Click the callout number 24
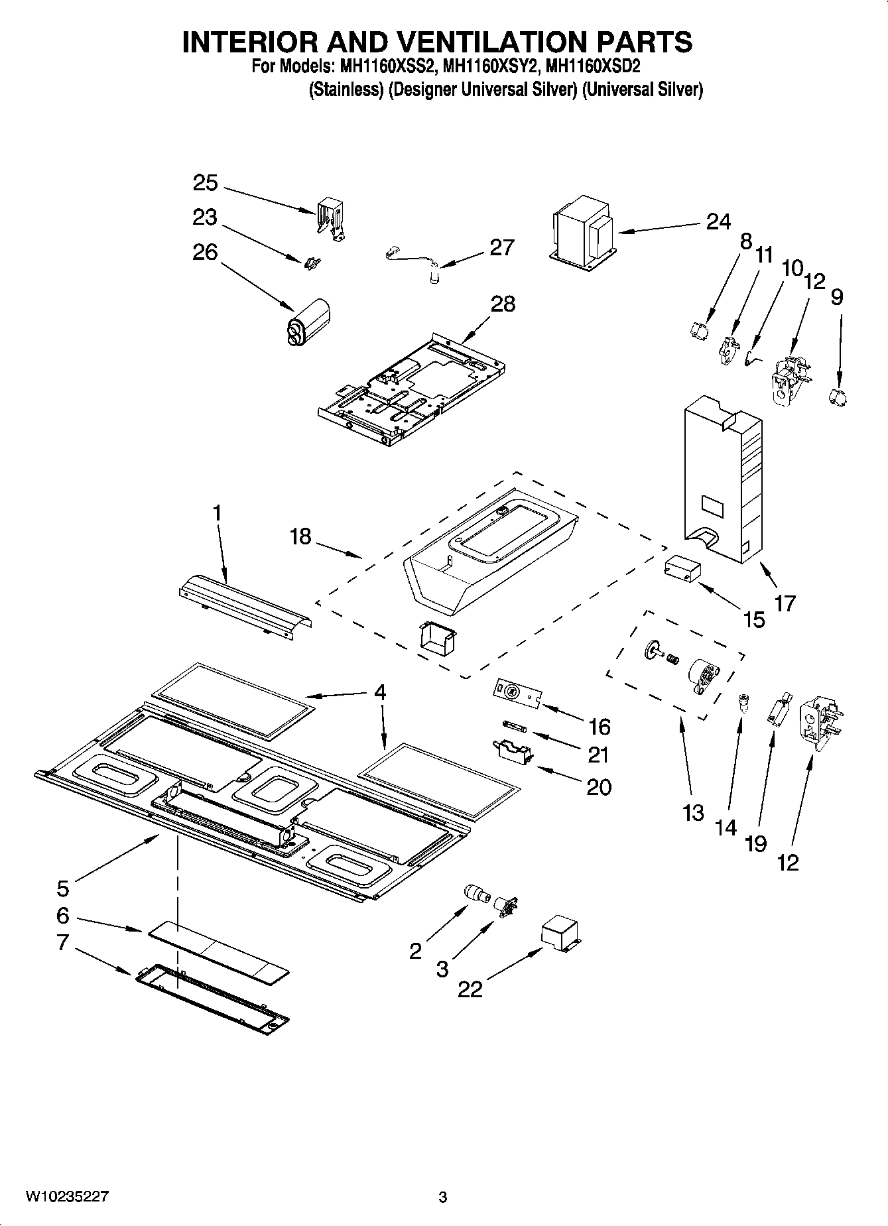(x=718, y=221)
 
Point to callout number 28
(x=503, y=304)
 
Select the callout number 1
(x=216, y=514)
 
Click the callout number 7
(x=62, y=942)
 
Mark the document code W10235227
(x=67, y=1197)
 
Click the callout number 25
(x=206, y=183)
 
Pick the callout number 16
(x=599, y=727)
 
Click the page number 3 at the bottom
(x=443, y=1197)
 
